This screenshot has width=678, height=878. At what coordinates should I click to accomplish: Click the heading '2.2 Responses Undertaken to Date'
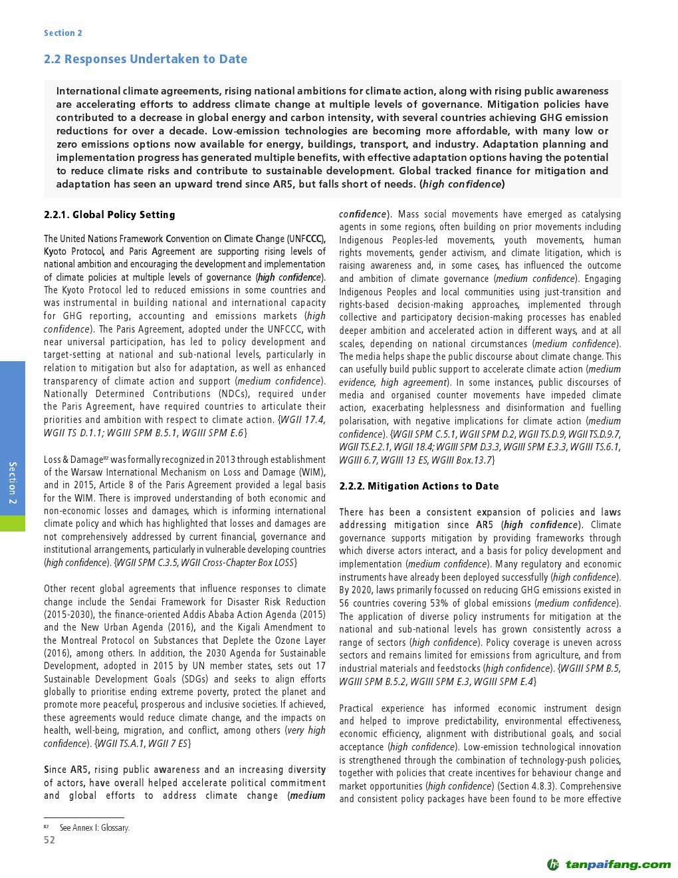(145, 59)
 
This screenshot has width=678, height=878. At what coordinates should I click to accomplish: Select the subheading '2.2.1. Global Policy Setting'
(110, 215)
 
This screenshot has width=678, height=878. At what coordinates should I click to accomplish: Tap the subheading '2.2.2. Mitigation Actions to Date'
(419, 486)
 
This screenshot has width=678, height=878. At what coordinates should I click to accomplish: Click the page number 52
(50, 840)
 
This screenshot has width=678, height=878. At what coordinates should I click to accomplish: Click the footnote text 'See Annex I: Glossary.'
(94, 828)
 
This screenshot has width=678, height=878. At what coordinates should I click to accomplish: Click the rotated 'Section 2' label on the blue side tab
(13, 483)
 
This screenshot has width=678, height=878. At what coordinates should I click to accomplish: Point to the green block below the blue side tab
(13, 523)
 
